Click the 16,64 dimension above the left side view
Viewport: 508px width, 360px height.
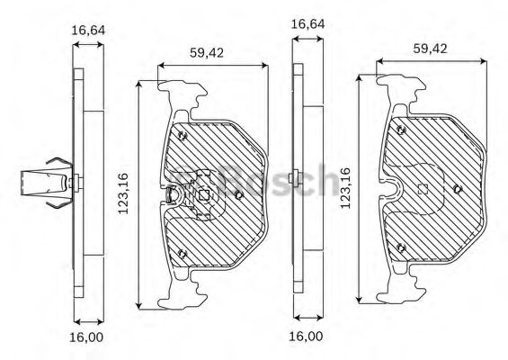[88, 31]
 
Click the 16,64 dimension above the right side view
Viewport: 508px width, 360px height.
[307, 24]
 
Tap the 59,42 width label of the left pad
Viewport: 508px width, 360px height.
[207, 53]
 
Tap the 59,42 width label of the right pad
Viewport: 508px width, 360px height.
[430, 49]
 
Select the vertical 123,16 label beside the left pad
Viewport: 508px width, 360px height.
[123, 193]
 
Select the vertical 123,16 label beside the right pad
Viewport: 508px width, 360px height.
[345, 188]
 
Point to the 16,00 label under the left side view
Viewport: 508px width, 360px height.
[86, 337]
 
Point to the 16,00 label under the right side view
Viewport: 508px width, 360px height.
[307, 337]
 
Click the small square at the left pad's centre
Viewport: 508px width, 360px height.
[203, 195]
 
